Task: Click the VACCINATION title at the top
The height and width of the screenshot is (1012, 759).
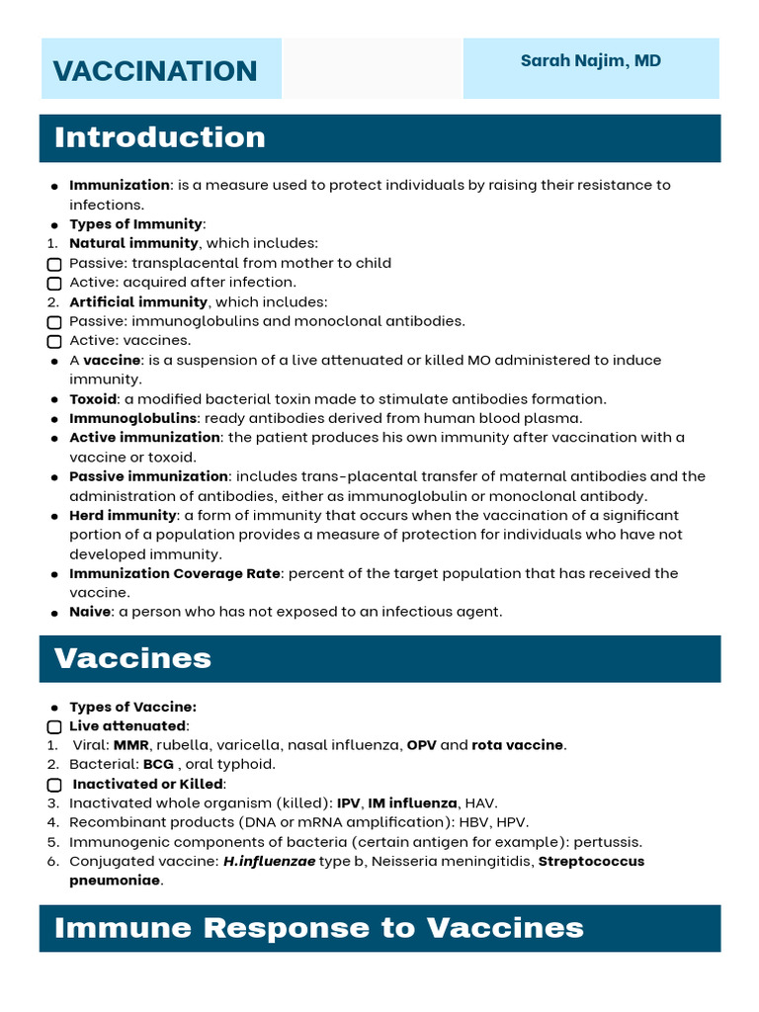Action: point(155,71)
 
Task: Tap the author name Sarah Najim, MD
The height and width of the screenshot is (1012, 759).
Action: point(591,61)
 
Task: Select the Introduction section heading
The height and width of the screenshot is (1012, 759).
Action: point(160,137)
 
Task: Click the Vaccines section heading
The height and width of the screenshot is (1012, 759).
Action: point(133,658)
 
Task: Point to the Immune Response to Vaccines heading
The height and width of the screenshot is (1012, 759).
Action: point(319,928)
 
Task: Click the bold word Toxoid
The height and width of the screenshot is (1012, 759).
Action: point(93,399)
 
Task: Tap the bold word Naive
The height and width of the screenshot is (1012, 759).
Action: point(90,612)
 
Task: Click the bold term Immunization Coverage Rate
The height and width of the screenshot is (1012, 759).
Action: point(174,573)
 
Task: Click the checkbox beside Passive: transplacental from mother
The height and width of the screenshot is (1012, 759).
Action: point(54,264)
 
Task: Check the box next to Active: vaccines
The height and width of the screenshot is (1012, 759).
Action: point(54,342)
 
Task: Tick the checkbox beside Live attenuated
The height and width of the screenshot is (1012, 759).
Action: point(54,726)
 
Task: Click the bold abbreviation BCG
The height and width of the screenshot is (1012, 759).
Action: point(158,764)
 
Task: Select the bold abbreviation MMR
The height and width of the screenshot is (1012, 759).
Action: point(130,745)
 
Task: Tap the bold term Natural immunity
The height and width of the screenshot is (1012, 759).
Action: point(133,243)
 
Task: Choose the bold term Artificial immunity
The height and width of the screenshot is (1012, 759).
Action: point(138,302)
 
